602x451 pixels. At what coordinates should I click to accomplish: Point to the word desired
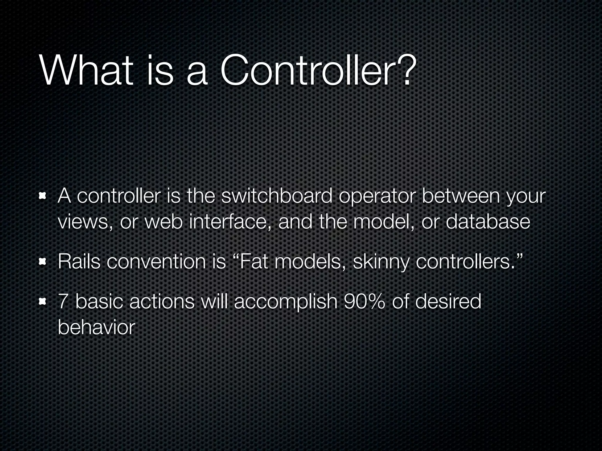tap(448, 302)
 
